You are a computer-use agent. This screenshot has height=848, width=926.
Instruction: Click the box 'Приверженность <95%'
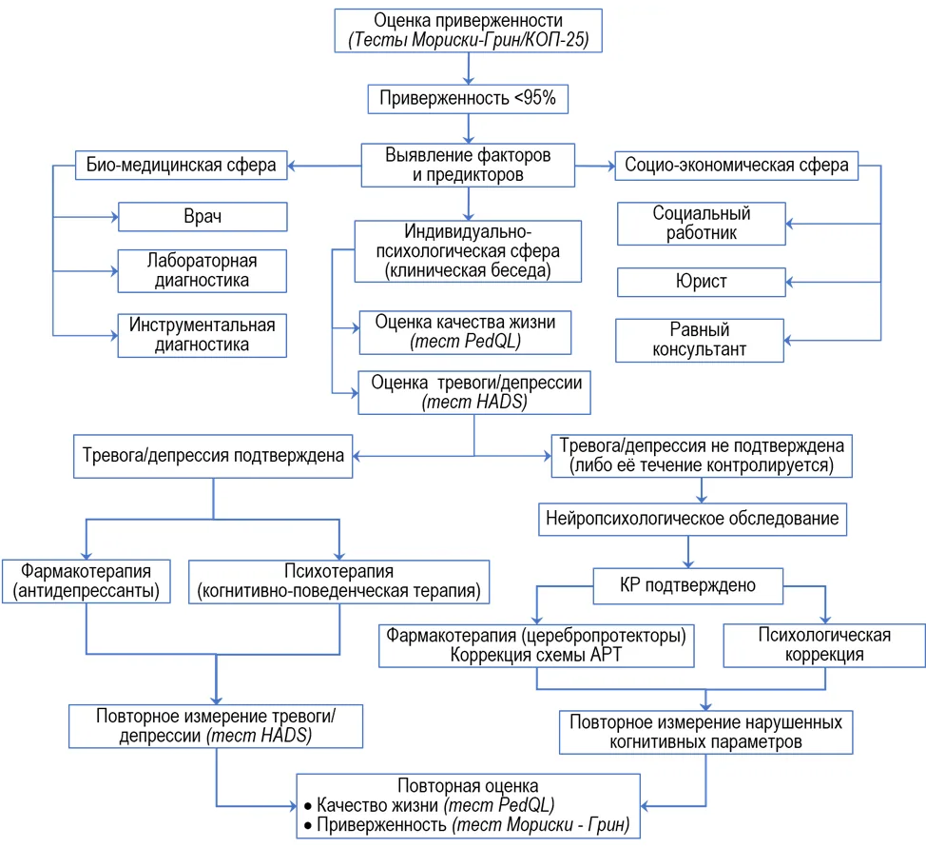point(468,99)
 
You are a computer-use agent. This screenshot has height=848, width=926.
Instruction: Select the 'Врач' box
point(203,216)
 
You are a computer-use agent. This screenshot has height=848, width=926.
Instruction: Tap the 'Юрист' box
point(701,282)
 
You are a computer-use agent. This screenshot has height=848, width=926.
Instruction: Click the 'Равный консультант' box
point(699,340)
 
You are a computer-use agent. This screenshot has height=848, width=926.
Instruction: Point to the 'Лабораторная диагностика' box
point(202,271)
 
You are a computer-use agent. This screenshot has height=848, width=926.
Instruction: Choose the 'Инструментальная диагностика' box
point(202,335)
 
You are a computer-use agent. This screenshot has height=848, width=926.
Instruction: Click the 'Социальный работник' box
point(701,224)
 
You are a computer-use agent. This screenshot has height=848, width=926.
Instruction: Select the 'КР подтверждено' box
point(688,586)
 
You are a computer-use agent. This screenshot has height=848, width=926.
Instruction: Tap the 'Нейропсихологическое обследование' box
point(692,520)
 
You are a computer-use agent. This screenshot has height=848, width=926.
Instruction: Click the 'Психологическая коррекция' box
point(824,645)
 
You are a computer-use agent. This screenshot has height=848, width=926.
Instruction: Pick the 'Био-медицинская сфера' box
point(182,165)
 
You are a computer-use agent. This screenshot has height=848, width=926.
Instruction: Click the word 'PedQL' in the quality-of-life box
point(492,342)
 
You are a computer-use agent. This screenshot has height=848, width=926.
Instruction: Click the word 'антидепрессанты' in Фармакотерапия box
point(87,591)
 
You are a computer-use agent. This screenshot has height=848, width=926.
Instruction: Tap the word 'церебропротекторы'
point(604,635)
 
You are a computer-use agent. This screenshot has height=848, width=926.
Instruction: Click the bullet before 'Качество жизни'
point(308,806)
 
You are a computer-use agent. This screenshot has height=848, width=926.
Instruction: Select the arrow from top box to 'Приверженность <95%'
point(469,69)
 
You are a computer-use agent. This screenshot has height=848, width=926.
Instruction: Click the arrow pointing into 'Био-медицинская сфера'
point(324,166)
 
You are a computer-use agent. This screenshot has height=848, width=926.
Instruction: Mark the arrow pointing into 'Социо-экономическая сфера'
point(595,167)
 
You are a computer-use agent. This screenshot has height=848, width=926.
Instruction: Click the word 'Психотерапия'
point(339,571)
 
